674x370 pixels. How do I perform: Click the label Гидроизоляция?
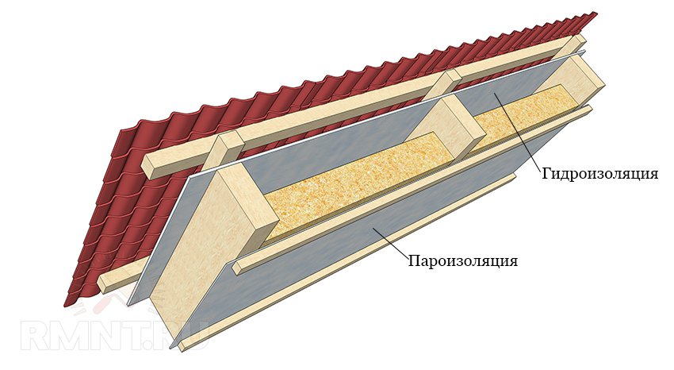[x=599, y=173]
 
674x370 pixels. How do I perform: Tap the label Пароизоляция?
[x=462, y=260]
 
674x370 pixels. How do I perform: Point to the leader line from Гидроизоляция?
[x=519, y=132]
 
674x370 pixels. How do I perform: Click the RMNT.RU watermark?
[x=114, y=333]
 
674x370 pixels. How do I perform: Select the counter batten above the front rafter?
[x=224, y=150]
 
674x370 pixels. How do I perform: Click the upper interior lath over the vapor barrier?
[x=412, y=189]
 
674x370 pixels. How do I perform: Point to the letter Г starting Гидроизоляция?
[x=547, y=173]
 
